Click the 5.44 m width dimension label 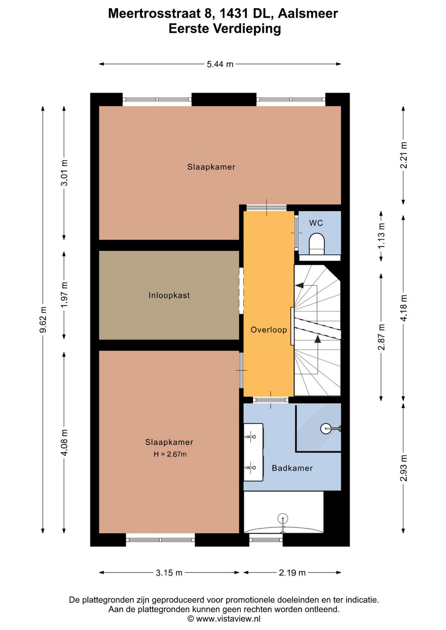(x=220, y=64)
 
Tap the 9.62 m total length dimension (x=43, y=320)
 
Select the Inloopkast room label (x=169, y=295)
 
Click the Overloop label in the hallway (x=269, y=329)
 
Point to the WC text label (x=316, y=223)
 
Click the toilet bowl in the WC (x=317, y=244)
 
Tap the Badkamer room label (x=292, y=468)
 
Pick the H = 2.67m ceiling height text (x=170, y=454)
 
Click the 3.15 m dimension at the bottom (x=169, y=573)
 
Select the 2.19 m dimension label (x=292, y=573)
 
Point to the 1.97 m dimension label (x=65, y=295)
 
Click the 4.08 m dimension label (x=65, y=443)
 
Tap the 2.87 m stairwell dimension (x=381, y=337)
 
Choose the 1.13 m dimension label (x=381, y=236)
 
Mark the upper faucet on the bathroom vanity (x=250, y=437)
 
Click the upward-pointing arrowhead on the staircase (x=318, y=339)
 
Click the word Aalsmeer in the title (x=308, y=14)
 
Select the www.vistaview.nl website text (x=228, y=618)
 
